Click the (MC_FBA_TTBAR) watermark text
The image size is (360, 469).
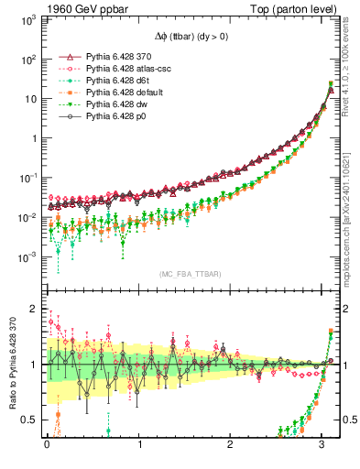[x=190, y=275]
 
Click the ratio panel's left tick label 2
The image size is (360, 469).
[x=35, y=309]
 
